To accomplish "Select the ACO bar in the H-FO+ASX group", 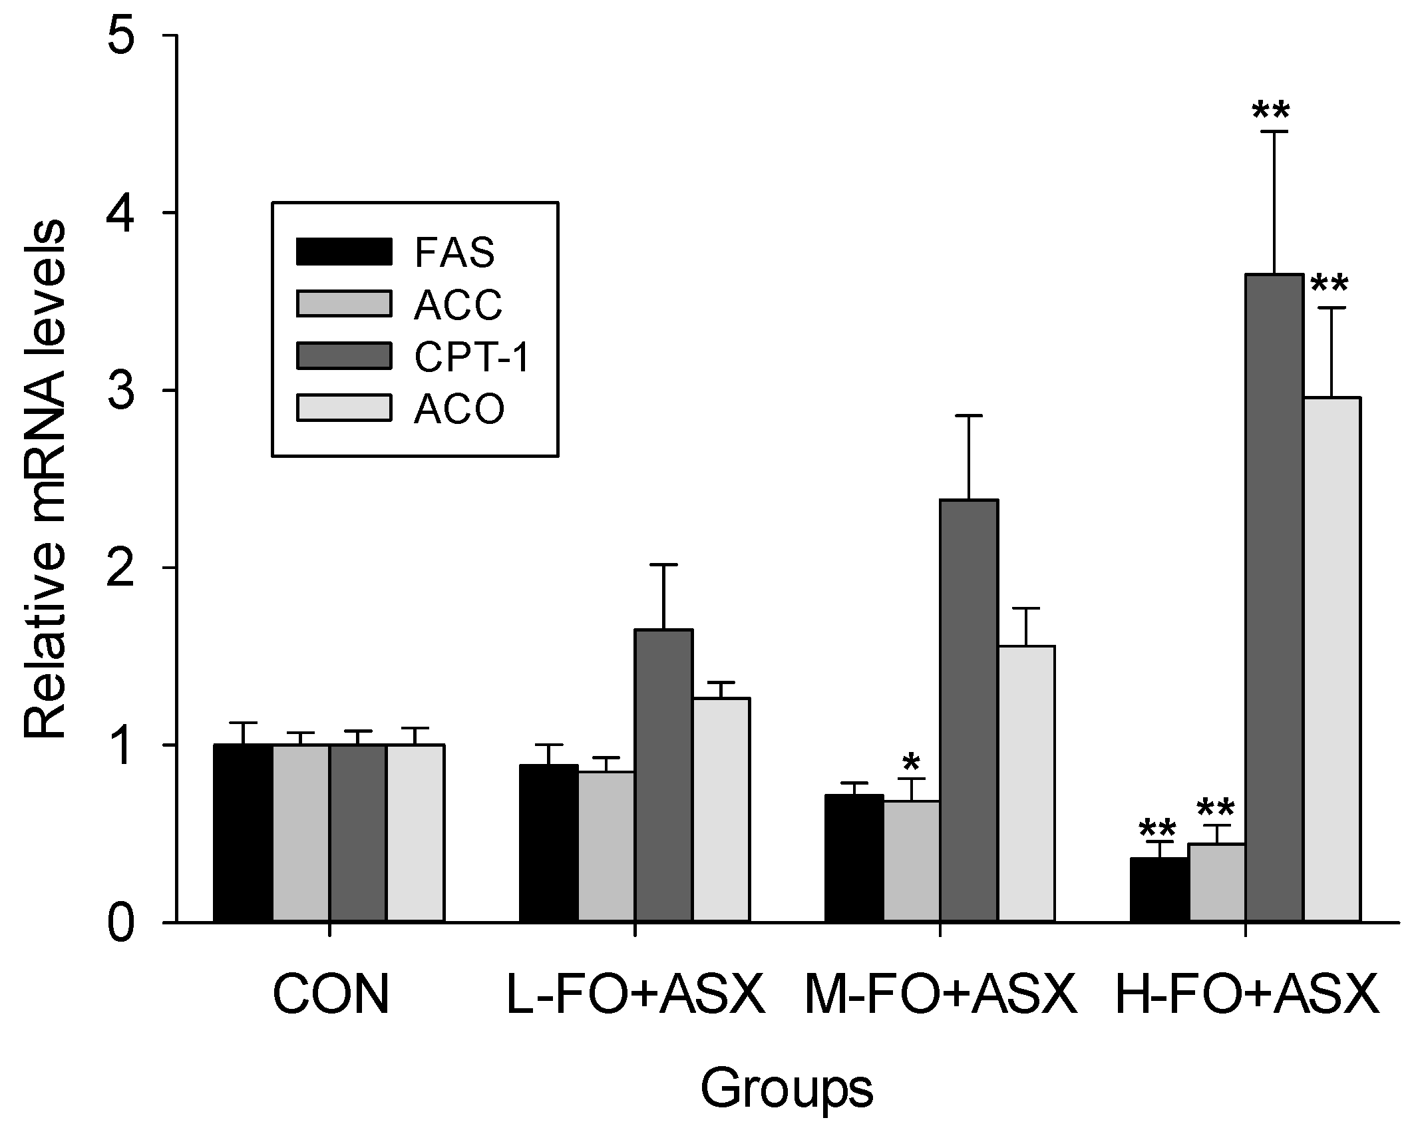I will [1331, 659].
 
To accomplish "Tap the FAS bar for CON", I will [243, 833].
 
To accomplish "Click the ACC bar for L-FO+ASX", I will [606, 846].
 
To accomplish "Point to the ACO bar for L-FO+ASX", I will [721, 809].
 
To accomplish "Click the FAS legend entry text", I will [454, 253].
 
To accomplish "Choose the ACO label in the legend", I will [459, 409].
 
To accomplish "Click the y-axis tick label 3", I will [136, 391].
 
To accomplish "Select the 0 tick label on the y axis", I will [136, 924].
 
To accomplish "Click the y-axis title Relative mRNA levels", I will [45, 479].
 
